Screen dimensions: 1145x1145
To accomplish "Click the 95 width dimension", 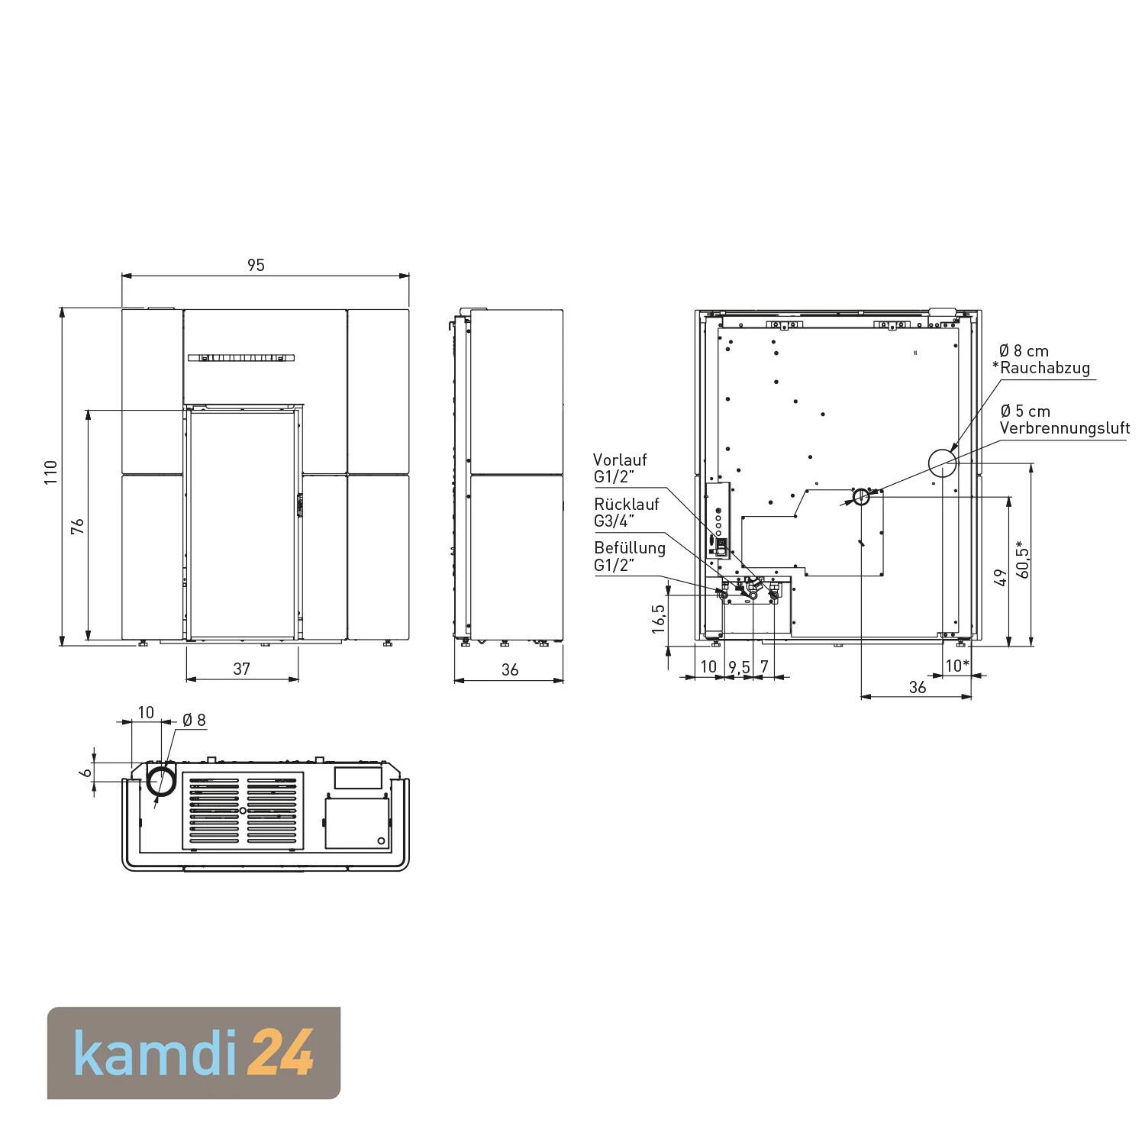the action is point(256,265).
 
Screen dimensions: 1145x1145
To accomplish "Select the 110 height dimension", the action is point(50,473).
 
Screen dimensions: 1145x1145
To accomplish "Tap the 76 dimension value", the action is point(77,526).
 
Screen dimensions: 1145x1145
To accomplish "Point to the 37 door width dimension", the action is point(241,669).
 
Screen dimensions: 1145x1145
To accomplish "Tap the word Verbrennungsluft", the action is point(1065,428).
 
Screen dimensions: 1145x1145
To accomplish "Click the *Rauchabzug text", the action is point(1040,368).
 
